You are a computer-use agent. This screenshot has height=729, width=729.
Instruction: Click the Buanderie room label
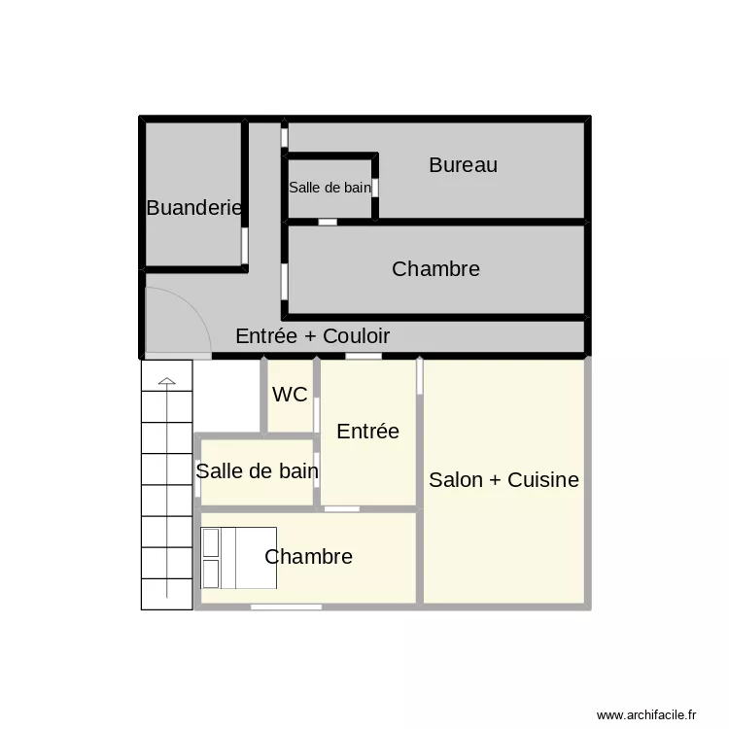[193, 207]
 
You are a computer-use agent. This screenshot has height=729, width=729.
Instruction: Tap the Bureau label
[463, 165]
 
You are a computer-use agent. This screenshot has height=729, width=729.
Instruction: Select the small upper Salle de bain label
[330, 188]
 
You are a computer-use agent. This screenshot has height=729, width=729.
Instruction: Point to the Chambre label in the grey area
[435, 269]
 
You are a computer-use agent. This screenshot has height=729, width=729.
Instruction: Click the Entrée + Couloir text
[312, 336]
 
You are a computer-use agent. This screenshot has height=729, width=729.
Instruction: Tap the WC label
[290, 395]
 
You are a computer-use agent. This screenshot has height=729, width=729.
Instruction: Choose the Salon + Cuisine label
[503, 479]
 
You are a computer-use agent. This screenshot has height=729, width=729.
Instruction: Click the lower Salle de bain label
[257, 471]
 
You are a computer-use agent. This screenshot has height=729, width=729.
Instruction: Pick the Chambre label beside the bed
[308, 557]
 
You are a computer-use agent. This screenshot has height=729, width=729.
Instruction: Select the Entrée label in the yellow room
[367, 432]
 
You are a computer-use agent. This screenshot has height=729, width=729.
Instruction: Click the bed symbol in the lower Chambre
[239, 558]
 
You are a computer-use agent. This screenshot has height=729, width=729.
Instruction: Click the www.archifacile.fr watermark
[646, 714]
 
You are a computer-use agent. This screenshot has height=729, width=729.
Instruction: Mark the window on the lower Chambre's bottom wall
[286, 607]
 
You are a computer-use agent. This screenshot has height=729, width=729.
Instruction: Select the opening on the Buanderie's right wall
[245, 247]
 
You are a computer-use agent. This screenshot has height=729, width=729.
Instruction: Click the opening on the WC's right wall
[317, 413]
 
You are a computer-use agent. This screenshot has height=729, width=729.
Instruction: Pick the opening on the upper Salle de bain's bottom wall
[329, 222]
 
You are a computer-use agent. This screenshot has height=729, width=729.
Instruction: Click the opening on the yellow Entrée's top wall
[364, 357]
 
